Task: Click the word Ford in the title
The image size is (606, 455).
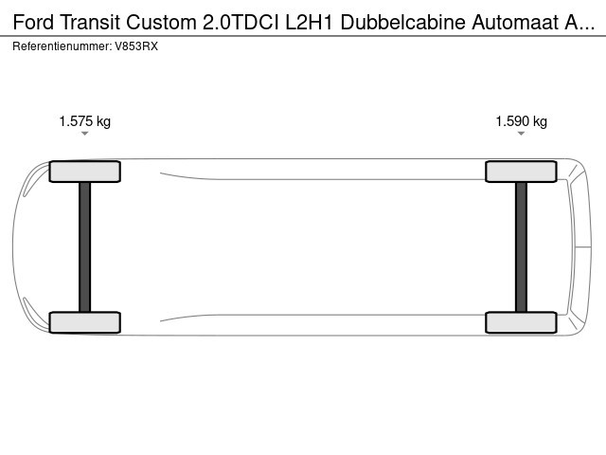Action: click(33, 22)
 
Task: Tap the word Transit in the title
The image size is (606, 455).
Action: click(90, 22)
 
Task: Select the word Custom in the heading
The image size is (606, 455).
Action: click(162, 22)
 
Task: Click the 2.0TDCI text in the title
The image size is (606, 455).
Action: click(241, 22)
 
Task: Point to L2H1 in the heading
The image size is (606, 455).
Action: click(310, 22)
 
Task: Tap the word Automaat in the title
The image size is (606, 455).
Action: click(514, 22)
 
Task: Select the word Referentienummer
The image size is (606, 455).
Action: click(62, 46)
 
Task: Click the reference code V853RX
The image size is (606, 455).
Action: click(136, 46)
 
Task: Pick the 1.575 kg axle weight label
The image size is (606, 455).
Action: click(84, 121)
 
